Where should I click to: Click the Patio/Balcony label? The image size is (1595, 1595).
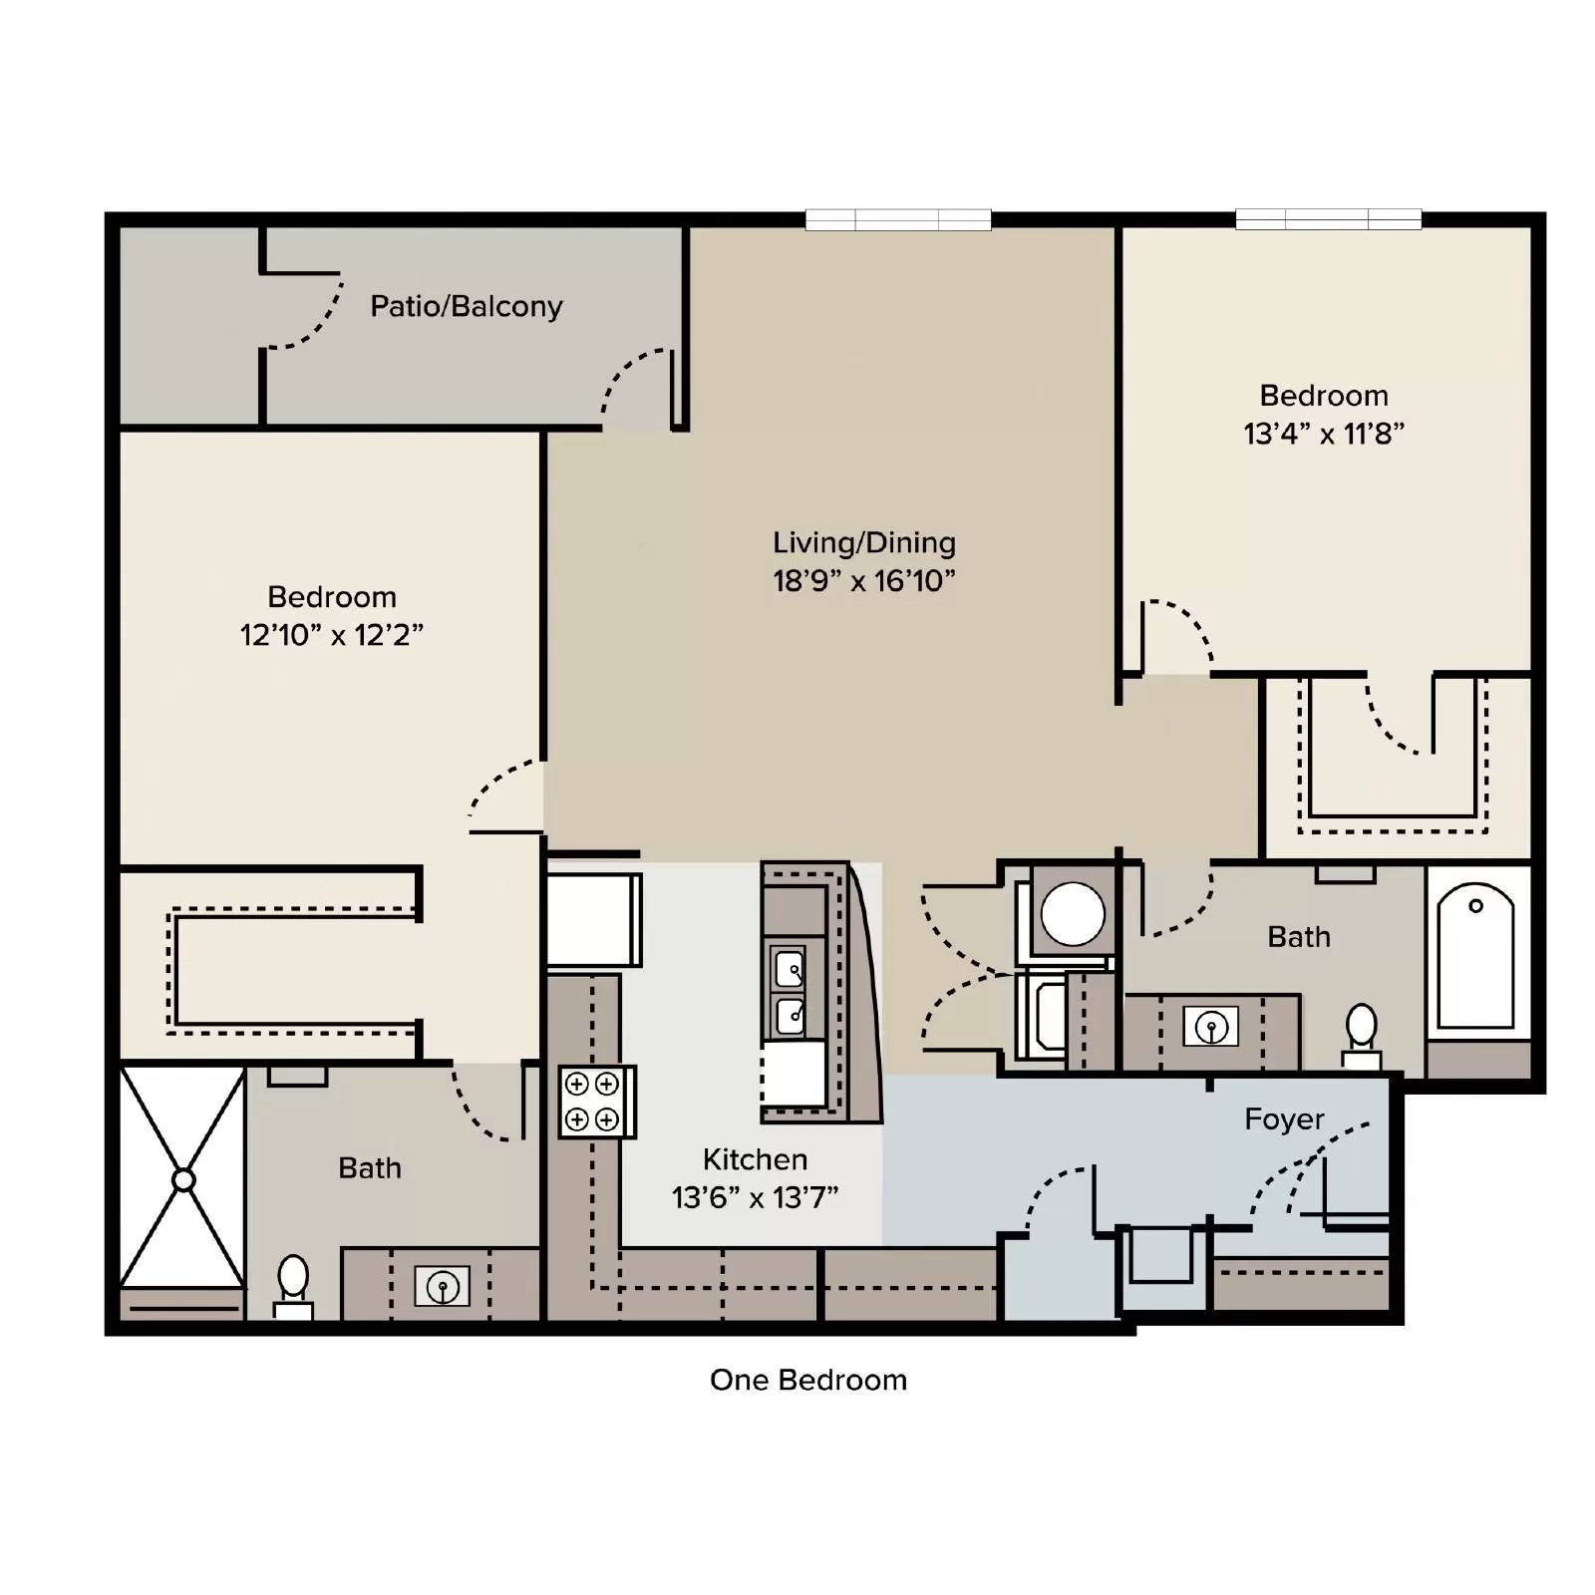(x=466, y=306)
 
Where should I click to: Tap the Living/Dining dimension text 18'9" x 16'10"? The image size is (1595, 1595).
(x=863, y=581)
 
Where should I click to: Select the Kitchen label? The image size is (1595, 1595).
(x=755, y=1159)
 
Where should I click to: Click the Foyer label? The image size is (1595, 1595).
(x=1284, y=1119)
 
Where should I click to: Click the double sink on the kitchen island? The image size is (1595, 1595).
(x=790, y=992)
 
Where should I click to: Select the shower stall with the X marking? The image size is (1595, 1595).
(x=182, y=1178)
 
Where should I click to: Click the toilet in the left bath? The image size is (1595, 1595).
(x=293, y=1285)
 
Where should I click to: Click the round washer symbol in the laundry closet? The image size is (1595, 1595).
(x=1073, y=914)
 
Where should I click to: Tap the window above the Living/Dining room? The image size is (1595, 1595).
(x=898, y=219)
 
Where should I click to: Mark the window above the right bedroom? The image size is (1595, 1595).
(x=1328, y=219)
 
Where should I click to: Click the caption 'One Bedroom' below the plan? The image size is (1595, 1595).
(x=808, y=1381)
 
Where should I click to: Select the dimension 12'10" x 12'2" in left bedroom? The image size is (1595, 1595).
(x=332, y=635)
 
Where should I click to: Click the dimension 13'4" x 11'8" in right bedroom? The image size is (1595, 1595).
(x=1324, y=434)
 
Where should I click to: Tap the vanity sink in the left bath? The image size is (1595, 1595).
(x=442, y=1286)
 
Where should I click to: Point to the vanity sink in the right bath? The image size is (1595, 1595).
(x=1211, y=1026)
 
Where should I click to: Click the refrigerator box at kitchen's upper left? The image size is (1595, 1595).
(x=592, y=918)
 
